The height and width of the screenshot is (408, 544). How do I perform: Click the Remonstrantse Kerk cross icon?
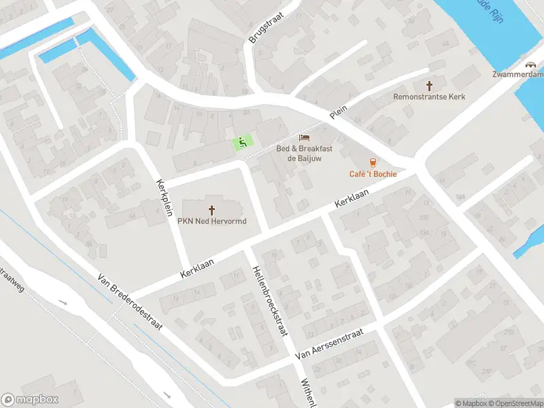429,86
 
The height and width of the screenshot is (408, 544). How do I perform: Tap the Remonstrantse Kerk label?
429,97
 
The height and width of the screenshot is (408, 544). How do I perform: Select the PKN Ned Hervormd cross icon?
211,210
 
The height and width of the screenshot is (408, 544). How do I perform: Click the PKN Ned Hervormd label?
211,222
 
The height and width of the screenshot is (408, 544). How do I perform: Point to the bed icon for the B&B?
303,138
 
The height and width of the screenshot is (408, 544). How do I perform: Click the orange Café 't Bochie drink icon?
373,163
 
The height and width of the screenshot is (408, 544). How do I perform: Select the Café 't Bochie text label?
373,174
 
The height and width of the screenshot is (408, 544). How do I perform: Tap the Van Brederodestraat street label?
131,302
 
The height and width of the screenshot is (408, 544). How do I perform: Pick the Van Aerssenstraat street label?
330,345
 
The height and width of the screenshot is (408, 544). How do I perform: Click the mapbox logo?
30,400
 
